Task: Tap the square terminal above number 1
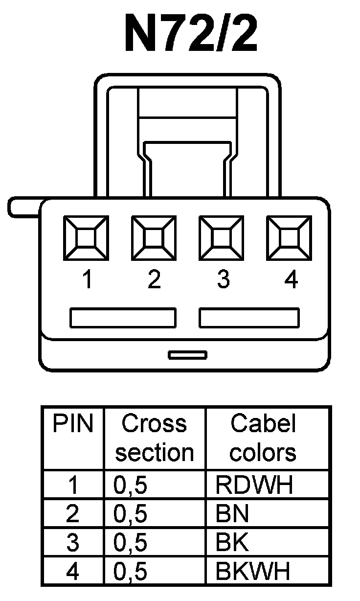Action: [x=87, y=238]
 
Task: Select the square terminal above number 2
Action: [x=154, y=238]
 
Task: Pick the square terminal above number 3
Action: [x=222, y=238]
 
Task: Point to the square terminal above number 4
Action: [x=289, y=238]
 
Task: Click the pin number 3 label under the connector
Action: [x=223, y=280]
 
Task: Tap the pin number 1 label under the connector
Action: [x=88, y=280]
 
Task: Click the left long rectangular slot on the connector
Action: [x=123, y=318]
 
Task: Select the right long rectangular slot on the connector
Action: [x=249, y=318]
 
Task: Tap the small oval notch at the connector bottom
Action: [x=187, y=355]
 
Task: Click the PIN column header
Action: [x=73, y=424]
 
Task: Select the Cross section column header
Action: [x=155, y=438]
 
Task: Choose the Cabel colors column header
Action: [x=263, y=438]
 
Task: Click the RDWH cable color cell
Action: [x=254, y=485]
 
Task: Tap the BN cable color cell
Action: [x=232, y=514]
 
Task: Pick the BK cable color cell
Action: [x=232, y=542]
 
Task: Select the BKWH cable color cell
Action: [x=253, y=571]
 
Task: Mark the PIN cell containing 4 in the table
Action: [x=72, y=571]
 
